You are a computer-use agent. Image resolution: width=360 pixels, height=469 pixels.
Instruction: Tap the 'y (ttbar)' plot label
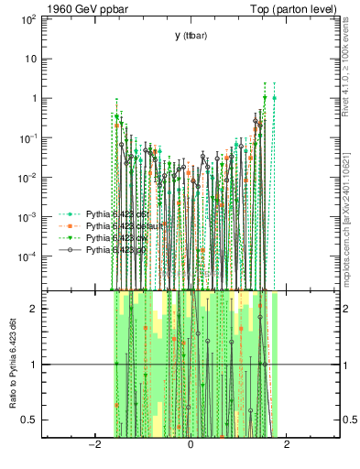191,36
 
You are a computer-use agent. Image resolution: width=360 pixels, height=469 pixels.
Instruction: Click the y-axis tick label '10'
31,59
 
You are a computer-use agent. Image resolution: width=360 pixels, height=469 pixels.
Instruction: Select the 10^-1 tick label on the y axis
27,137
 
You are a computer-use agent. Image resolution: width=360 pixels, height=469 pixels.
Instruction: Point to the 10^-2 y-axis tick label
27,178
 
